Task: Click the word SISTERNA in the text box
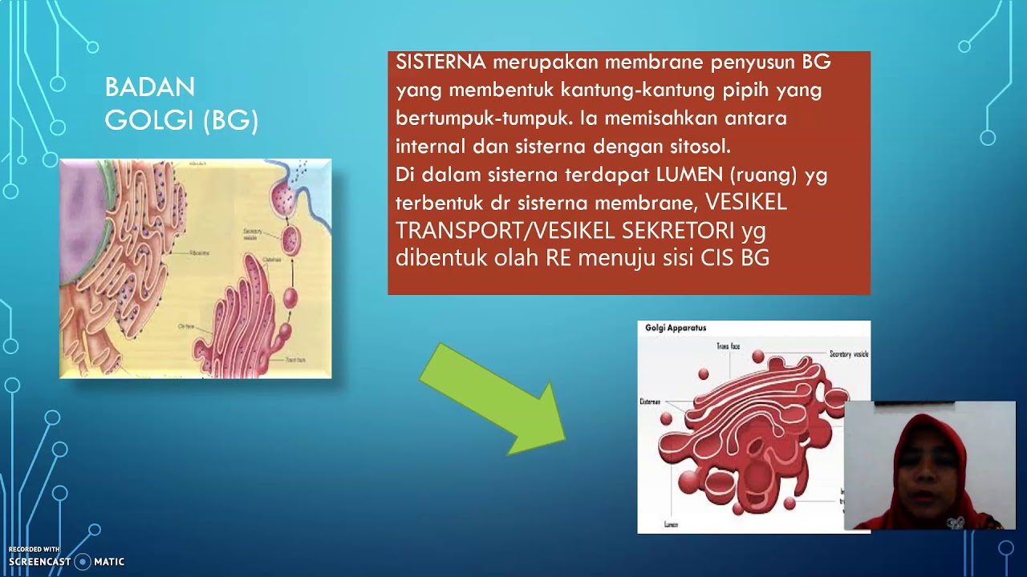(440, 62)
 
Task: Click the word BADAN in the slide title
(149, 87)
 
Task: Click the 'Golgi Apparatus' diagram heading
(676, 328)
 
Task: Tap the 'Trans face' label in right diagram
(728, 346)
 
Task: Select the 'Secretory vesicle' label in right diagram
(849, 353)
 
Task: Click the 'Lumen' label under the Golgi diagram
(671, 524)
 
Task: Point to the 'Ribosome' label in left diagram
(200, 252)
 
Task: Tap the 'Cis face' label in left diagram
(186, 328)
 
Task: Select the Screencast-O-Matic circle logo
(82, 562)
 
